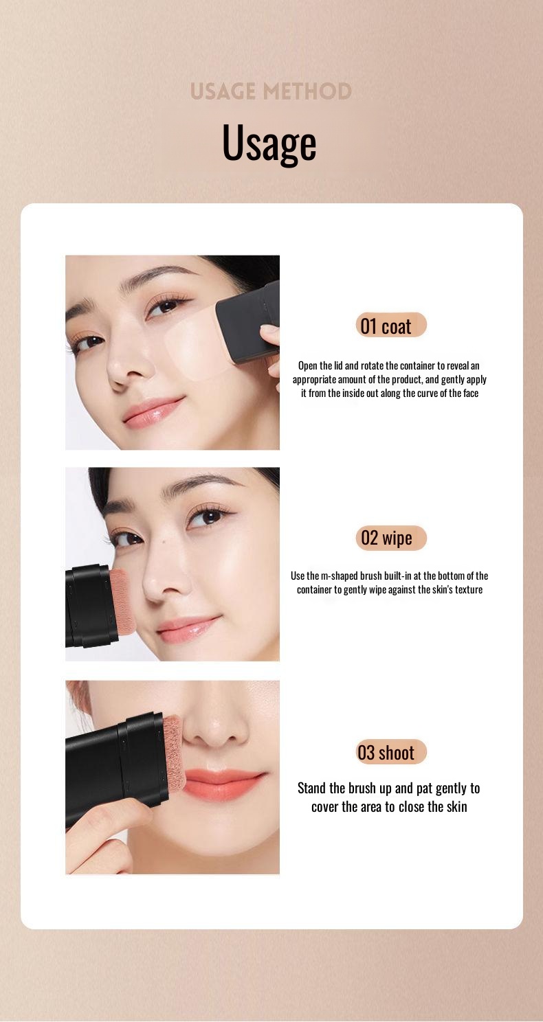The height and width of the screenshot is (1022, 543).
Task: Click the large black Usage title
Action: point(269,144)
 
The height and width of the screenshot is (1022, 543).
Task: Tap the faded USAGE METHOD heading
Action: point(271,91)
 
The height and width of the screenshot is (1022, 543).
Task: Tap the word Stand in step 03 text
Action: point(312,788)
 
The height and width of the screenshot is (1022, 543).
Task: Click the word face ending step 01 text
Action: point(471,394)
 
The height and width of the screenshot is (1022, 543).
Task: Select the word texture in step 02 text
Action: point(469,589)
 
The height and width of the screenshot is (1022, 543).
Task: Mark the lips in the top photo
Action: point(152,410)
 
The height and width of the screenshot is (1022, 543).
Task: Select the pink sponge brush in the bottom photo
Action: point(174,755)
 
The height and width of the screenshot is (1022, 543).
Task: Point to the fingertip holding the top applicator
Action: point(270,334)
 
